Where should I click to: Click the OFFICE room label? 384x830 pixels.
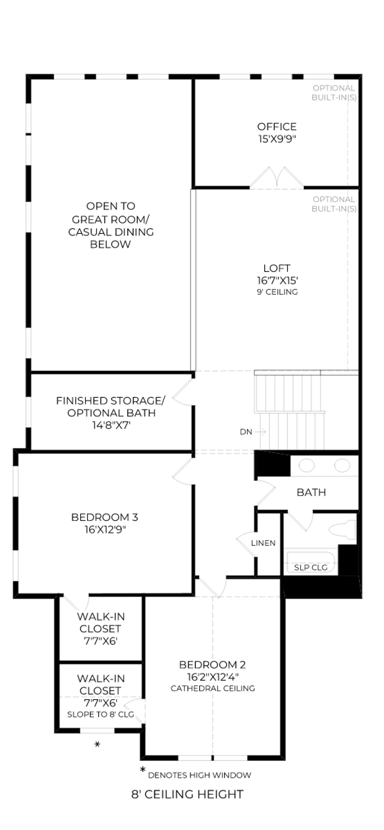tap(277, 127)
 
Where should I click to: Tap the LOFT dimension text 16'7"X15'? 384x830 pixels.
tap(277, 280)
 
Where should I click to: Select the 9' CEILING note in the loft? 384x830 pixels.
tap(277, 292)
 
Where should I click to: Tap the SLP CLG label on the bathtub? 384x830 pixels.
tap(311, 567)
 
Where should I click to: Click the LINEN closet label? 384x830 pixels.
tap(263, 543)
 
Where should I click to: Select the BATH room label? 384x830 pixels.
tap(311, 492)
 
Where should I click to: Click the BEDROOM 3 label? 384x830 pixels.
tap(105, 517)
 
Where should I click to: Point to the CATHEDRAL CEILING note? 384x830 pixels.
tap(213, 688)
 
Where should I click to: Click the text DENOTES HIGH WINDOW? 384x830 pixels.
tap(200, 775)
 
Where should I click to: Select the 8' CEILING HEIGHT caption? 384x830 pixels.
tap(187, 794)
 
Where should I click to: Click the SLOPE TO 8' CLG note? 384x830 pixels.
tap(101, 715)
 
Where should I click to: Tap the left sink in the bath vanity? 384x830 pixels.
tap(307, 466)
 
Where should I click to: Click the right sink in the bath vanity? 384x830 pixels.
tap(342, 466)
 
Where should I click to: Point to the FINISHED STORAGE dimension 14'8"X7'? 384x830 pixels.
tap(111, 425)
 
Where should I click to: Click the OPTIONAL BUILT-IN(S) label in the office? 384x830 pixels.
tap(334, 93)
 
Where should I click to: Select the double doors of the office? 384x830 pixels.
tap(277, 178)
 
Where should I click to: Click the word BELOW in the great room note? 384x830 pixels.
tap(110, 244)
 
